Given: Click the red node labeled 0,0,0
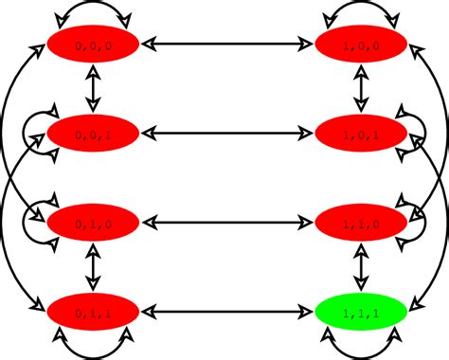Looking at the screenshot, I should [x=93, y=43].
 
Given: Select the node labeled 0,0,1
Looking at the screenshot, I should [x=93, y=133].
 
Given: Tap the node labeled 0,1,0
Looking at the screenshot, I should [x=93, y=223].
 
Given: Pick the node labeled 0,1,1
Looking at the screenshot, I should [x=93, y=311].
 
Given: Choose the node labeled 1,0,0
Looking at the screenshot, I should [x=360, y=43].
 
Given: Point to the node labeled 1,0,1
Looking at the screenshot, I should [x=360, y=133].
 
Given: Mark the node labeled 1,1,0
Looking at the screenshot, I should [x=360, y=223].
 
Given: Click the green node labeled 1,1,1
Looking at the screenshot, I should [x=360, y=311].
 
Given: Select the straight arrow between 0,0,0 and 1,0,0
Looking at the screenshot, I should [x=226, y=43].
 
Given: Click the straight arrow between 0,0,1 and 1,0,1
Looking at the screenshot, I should [x=226, y=133].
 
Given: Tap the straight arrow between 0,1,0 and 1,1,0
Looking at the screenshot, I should [x=226, y=223].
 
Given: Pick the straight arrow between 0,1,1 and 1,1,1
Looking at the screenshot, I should [x=226, y=311].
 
